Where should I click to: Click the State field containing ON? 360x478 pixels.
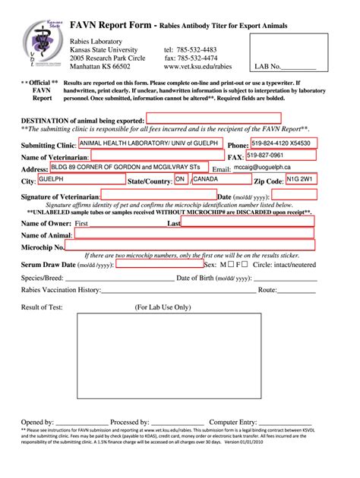[181, 180]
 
